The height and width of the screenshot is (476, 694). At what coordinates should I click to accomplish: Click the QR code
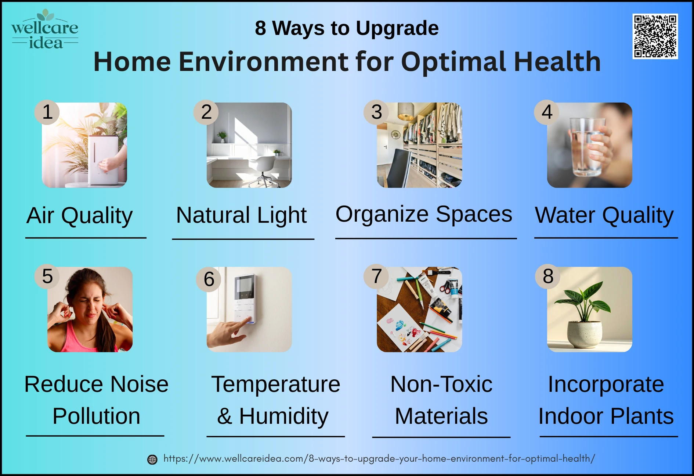655,36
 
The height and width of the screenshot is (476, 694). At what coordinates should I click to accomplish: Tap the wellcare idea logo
45,29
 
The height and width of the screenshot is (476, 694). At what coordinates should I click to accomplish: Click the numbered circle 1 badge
47,112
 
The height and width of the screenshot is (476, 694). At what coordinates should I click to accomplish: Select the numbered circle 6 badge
209,279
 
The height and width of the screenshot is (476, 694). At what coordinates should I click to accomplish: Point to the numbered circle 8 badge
548,276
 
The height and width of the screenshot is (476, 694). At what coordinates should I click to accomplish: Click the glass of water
587,147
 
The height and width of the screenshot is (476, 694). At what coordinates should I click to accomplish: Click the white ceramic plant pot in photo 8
585,334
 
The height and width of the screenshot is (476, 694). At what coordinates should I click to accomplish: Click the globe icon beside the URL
152,459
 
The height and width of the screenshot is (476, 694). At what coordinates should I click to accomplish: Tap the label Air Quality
79,215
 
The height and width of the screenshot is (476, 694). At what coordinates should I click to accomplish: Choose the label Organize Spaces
424,214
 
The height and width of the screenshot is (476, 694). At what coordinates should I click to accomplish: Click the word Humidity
284,416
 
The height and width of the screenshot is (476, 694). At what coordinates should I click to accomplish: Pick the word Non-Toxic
441,384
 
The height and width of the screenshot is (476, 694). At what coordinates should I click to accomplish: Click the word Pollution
96,416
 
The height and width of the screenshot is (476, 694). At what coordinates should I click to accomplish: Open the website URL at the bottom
379,459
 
